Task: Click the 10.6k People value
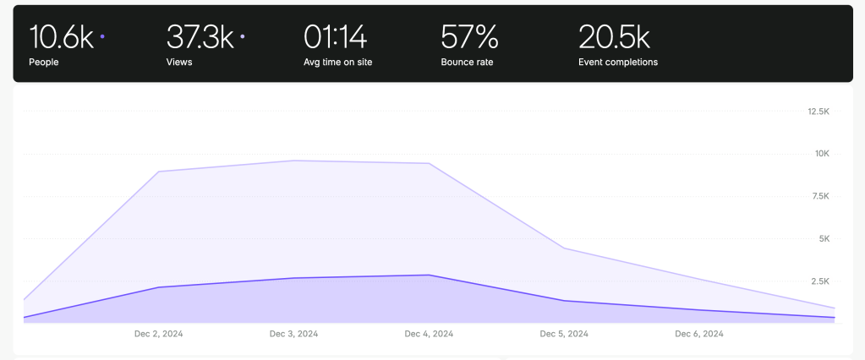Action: click(62, 37)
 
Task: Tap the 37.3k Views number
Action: click(200, 37)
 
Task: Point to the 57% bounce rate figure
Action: click(469, 37)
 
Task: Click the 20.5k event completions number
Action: click(614, 37)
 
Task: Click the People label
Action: click(44, 62)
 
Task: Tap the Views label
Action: click(178, 62)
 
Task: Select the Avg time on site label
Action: click(338, 62)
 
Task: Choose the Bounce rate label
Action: click(467, 62)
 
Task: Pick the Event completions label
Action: click(618, 62)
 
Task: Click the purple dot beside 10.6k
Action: click(102, 36)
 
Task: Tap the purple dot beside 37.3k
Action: click(242, 36)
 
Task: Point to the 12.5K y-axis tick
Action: click(818, 112)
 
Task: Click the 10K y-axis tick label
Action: click(822, 154)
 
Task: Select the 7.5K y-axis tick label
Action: click(820, 196)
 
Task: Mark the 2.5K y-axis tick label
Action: click(820, 281)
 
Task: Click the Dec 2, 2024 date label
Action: click(158, 334)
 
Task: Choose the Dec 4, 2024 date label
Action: click(429, 334)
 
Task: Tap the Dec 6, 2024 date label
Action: click(699, 334)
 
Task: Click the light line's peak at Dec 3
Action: click(294, 161)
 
